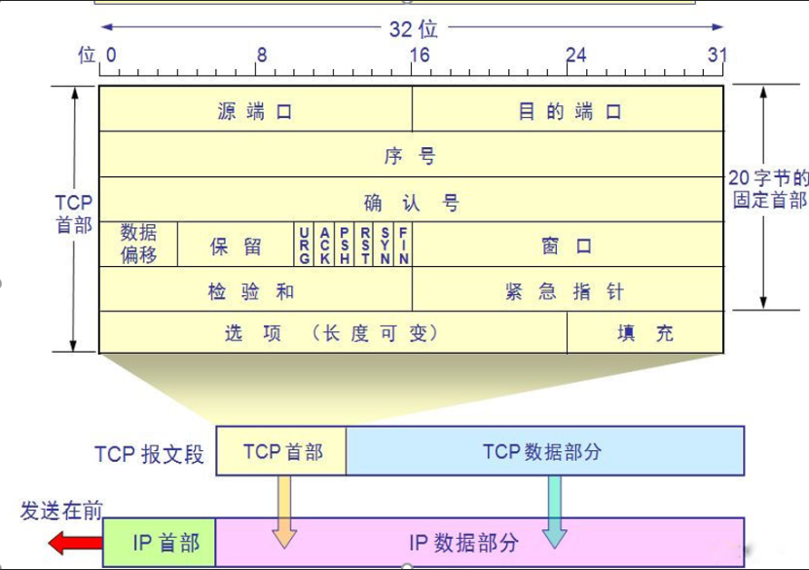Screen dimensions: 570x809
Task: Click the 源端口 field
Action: (255, 109)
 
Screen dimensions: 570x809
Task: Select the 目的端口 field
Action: (569, 109)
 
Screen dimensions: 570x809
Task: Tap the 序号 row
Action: (411, 155)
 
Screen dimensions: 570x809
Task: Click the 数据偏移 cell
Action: (138, 244)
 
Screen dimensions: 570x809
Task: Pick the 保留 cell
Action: (236, 246)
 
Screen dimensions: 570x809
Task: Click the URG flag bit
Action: (305, 245)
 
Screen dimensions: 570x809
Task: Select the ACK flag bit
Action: (324, 245)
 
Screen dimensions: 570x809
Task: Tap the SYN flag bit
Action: (385, 245)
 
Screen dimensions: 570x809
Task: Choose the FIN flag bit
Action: (403, 245)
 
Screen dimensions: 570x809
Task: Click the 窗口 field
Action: (569, 246)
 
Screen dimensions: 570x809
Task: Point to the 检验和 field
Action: (255, 290)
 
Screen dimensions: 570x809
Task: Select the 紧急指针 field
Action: (569, 290)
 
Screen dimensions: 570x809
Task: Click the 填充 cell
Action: (645, 333)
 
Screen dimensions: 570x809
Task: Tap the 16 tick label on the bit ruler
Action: (418, 55)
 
